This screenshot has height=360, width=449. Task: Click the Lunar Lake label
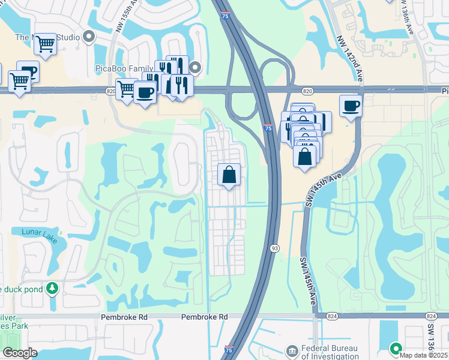coord(39,236)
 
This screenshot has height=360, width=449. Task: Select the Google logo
coord(20,353)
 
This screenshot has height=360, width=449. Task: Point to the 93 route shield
coord(274,248)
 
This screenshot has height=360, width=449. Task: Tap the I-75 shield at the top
coord(224,16)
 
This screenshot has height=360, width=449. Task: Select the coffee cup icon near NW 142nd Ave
coord(351,106)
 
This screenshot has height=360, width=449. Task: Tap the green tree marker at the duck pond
coord(52,289)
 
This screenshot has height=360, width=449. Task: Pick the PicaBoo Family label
coord(123,68)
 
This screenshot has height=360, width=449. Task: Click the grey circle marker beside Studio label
coord(89,37)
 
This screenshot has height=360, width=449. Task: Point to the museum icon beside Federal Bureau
coord(292,349)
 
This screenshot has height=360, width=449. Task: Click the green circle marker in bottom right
coord(396,347)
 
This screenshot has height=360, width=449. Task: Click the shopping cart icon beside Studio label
coord(45,43)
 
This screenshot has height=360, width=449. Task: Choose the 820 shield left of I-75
coord(110,91)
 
